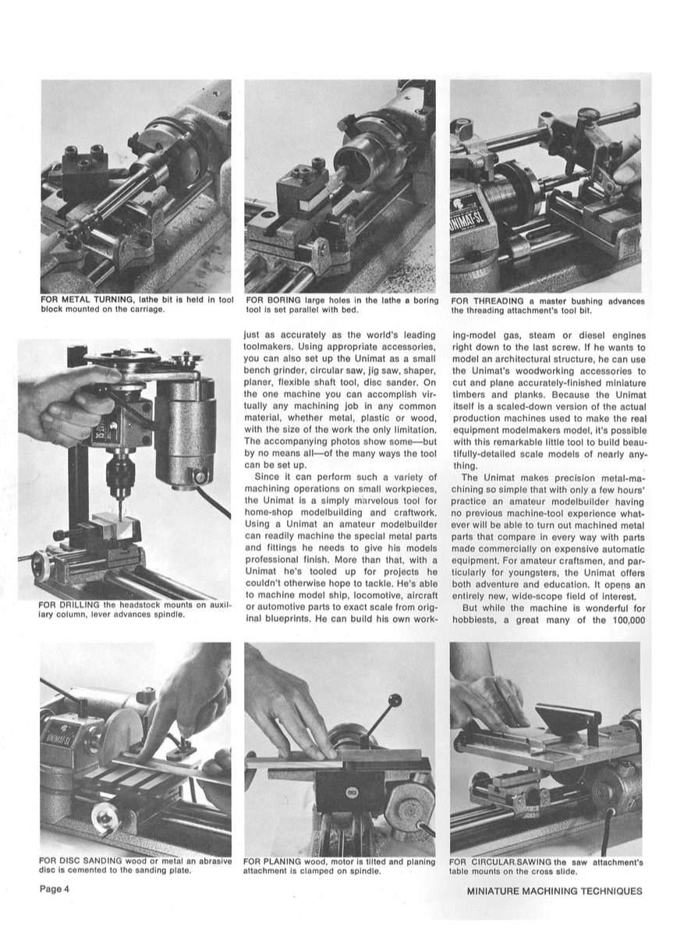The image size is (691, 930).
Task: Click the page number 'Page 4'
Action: pos(55,888)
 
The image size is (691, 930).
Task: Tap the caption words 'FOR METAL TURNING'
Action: pos(86,300)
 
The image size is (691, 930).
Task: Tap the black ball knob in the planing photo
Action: pos(396,701)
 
